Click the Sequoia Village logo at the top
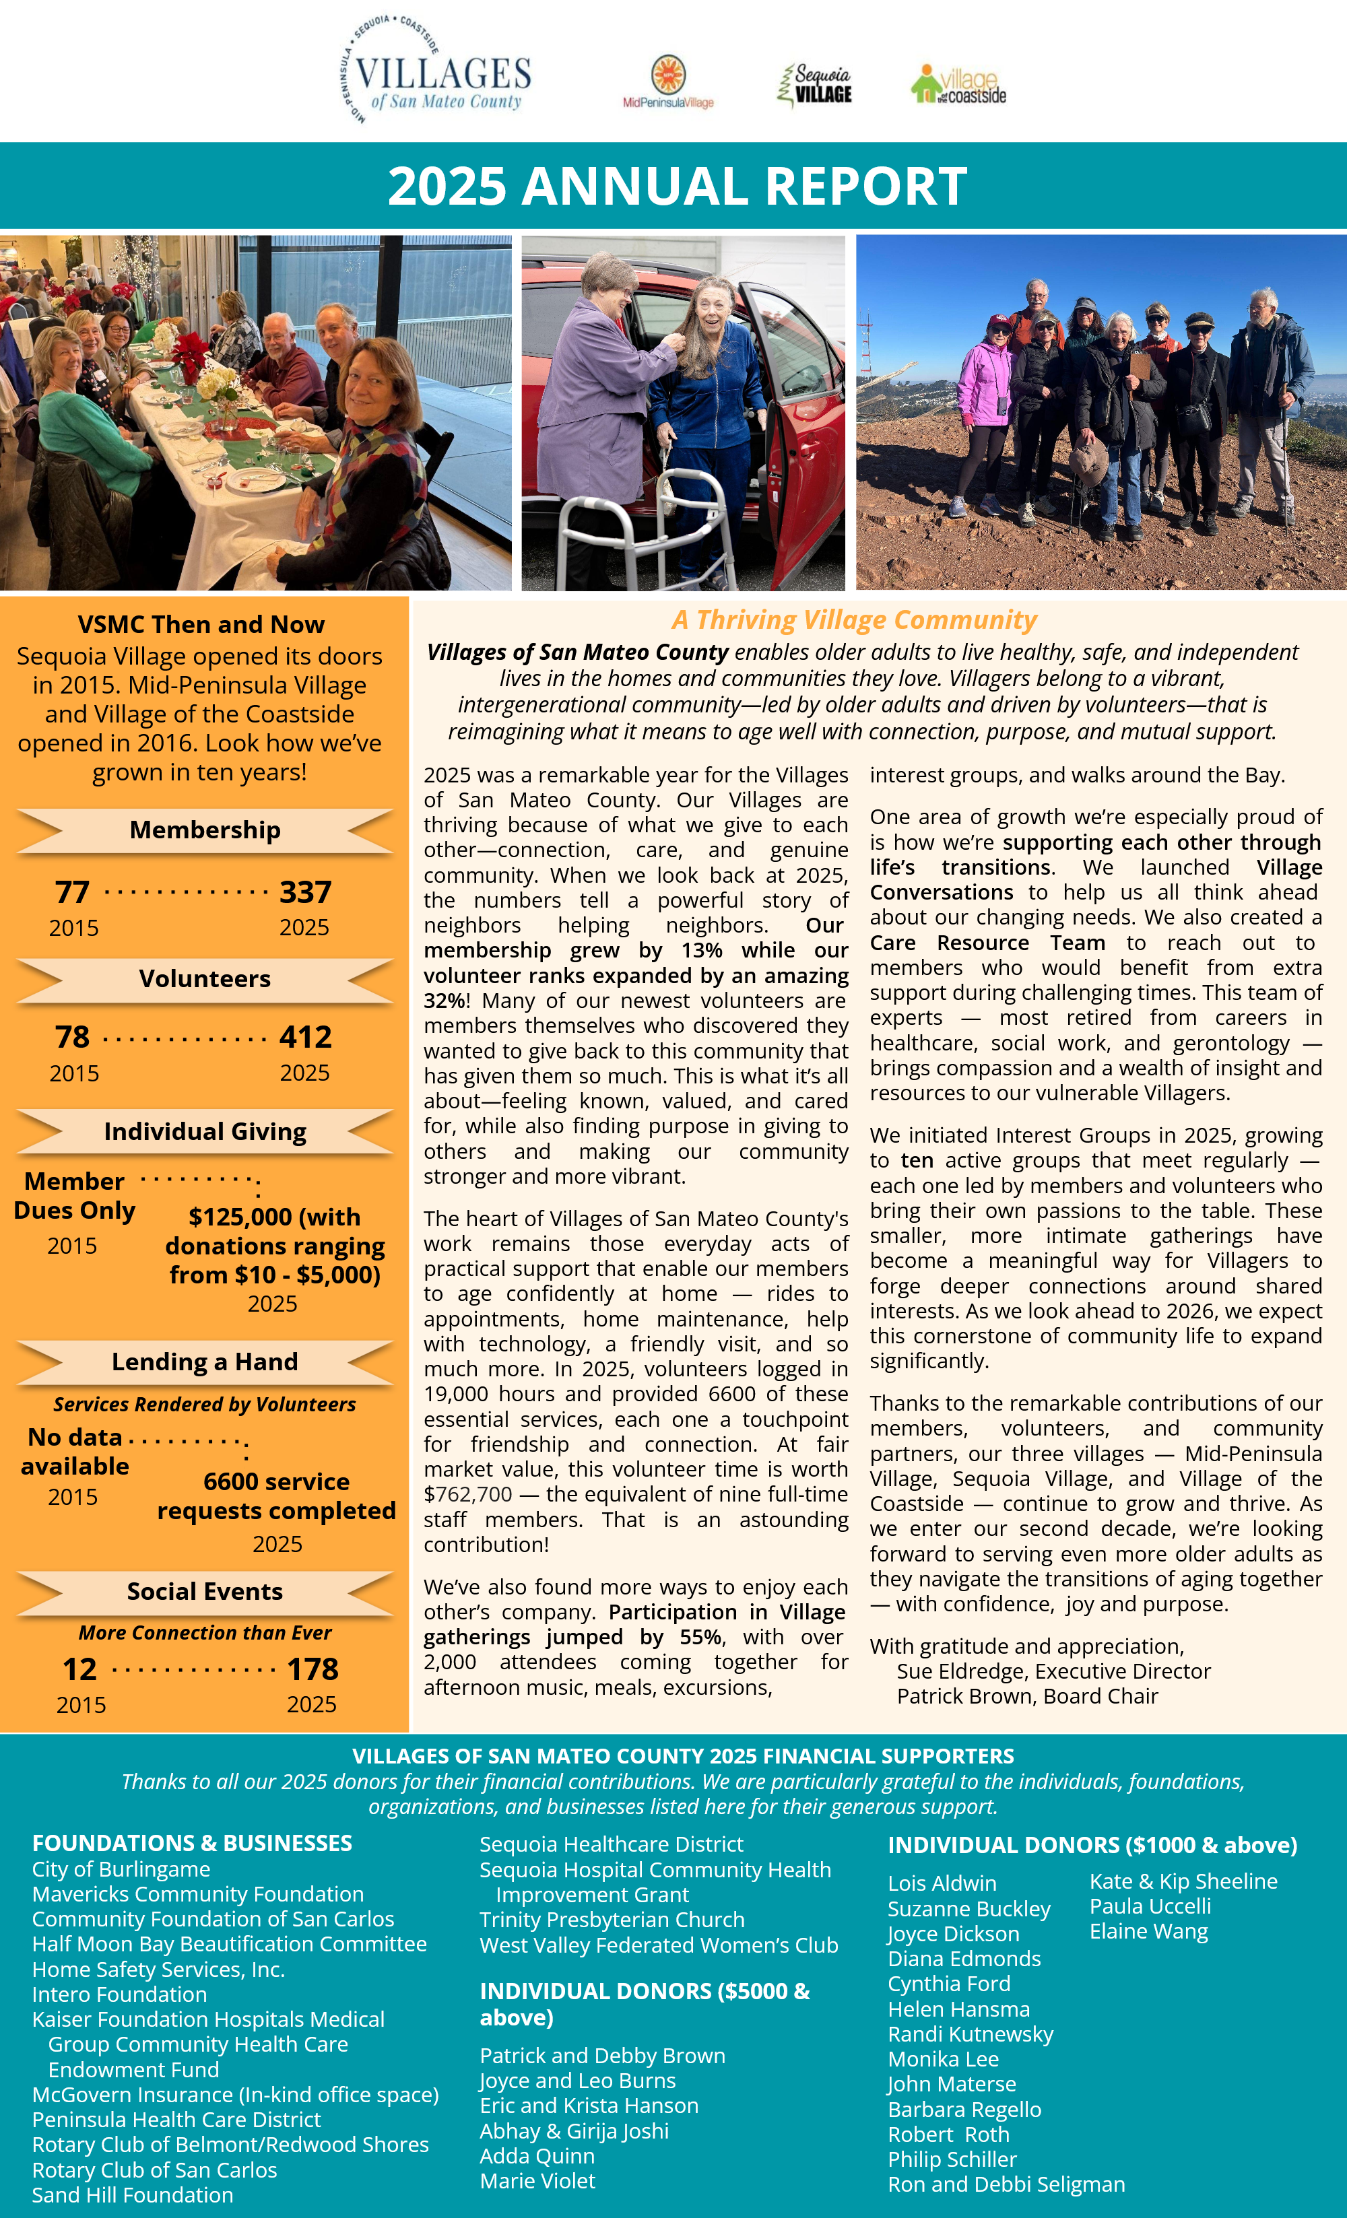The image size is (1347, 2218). pyautogui.click(x=815, y=85)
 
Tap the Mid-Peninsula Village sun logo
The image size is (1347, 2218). pyautogui.click(x=668, y=79)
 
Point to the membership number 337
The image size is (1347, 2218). pyautogui.click(x=305, y=892)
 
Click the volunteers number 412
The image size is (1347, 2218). pyautogui.click(x=305, y=1037)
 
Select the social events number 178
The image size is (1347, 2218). pyautogui.click(x=313, y=1669)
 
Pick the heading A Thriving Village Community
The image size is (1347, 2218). pyautogui.click(x=853, y=619)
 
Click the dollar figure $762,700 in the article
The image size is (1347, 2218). pyautogui.click(x=467, y=1494)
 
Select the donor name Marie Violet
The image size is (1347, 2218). pyautogui.click(x=537, y=2180)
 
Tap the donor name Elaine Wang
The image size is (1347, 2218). pyautogui.click(x=1148, y=1931)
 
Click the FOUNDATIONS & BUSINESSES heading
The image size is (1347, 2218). pyautogui.click(x=192, y=1843)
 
